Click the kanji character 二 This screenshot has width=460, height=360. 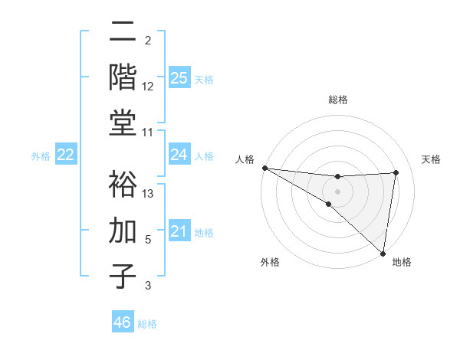[123, 32]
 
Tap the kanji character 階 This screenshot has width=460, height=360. [123, 77]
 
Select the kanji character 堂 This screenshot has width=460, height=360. [123, 123]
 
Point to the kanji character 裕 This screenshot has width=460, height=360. [123, 184]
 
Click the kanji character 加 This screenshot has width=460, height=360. [123, 229]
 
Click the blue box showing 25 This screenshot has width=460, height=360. [179, 78]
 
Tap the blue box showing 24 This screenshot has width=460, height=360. [179, 155]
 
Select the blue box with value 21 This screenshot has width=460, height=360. [179, 231]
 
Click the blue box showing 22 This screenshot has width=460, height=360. [65, 155]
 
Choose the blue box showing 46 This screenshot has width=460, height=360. [123, 322]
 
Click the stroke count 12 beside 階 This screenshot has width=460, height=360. [148, 87]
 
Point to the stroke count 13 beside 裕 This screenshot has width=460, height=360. [148, 193]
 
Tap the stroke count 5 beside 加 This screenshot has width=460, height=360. [148, 239]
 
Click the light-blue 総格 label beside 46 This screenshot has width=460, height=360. [147, 324]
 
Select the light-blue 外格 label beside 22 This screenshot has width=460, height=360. [41, 156]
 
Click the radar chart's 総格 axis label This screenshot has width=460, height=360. [337, 100]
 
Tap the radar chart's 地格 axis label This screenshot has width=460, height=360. [402, 263]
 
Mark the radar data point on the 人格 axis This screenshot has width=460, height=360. [264, 168]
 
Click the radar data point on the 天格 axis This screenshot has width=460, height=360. [396, 172]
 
